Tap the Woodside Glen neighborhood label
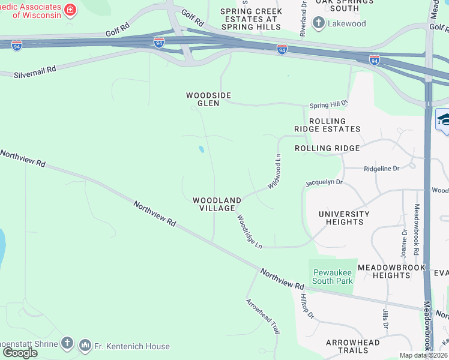coord(208,99)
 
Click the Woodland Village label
coord(217,203)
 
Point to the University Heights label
coord(344,217)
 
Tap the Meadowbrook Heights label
coord(391,271)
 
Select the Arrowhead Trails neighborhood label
coord(352,346)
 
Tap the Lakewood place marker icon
coord(318,24)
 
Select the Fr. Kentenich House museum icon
coord(85,346)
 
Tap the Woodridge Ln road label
coord(250,232)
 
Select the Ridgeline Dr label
coord(382,169)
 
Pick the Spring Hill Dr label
coord(329,104)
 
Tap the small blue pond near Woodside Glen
coord(201,149)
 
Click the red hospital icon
coord(70,10)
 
